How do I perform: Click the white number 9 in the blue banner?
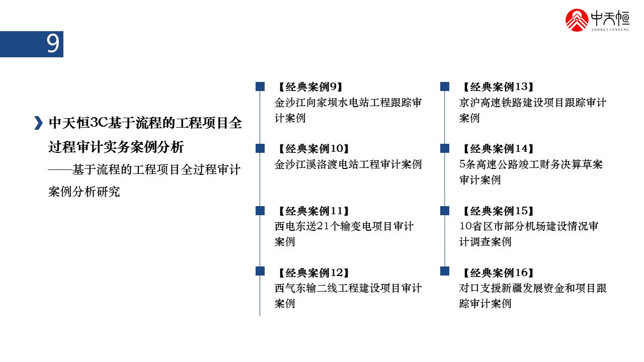coord(53,44)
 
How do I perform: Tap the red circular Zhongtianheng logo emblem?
coord(577,20)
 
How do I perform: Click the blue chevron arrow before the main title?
coord(38,123)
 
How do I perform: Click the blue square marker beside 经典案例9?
coord(260,86)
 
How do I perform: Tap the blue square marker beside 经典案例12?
coord(260,271)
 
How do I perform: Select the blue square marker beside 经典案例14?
coord(445,148)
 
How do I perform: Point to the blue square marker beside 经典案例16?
coord(445,271)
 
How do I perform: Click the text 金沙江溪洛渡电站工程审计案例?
coord(348,164)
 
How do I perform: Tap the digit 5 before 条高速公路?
coord(462,164)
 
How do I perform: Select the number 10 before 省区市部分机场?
coord(466,226)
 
